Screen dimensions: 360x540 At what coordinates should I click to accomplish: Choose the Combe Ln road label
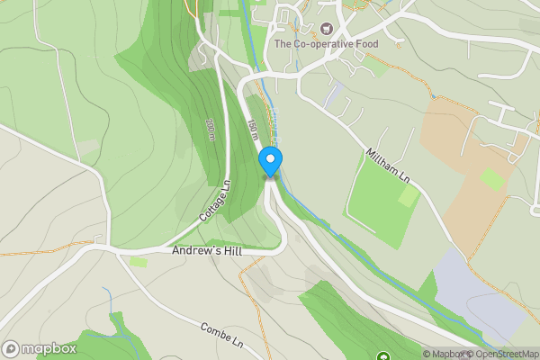pyautogui.click(x=222, y=336)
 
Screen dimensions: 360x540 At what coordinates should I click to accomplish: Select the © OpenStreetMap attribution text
pyautogui.click(x=501, y=354)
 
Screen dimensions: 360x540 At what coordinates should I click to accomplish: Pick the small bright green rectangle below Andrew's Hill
pyautogui.click(x=139, y=262)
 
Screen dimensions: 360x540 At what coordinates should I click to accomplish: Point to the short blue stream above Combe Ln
pyautogui.click(x=108, y=301)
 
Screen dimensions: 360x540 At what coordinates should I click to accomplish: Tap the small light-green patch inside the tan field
pyautogui.click(x=492, y=178)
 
